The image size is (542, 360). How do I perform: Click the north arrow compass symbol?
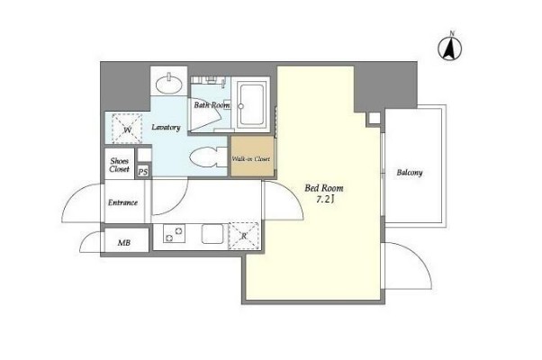pyautogui.click(x=450, y=47)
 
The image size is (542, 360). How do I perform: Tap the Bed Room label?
pyautogui.click(x=324, y=188)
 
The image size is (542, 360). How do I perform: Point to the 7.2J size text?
pyautogui.click(x=325, y=200)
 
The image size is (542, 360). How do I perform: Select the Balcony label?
pyautogui.click(x=410, y=173)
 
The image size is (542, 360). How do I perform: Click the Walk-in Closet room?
pyautogui.click(x=252, y=157)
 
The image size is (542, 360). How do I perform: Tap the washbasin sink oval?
pyautogui.click(x=168, y=84)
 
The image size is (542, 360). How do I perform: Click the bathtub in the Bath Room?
pyautogui.click(x=251, y=104)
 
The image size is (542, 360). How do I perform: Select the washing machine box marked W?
pyautogui.click(x=127, y=128)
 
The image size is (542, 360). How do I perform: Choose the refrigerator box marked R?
pyautogui.click(x=244, y=236)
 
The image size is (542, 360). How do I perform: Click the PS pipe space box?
pyautogui.click(x=143, y=171)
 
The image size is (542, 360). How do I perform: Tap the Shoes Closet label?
pyautogui.click(x=119, y=165)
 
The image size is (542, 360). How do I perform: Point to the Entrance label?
pyautogui.click(x=122, y=202)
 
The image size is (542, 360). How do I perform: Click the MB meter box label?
pyautogui.click(x=124, y=243)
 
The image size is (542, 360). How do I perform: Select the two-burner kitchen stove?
pyautogui.click(x=174, y=234)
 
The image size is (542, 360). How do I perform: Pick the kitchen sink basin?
pyautogui.click(x=212, y=234)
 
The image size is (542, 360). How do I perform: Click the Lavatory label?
pyautogui.click(x=166, y=128)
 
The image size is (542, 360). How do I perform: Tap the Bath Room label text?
pyautogui.click(x=212, y=104)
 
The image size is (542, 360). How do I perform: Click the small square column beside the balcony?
pyautogui.click(x=374, y=119)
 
